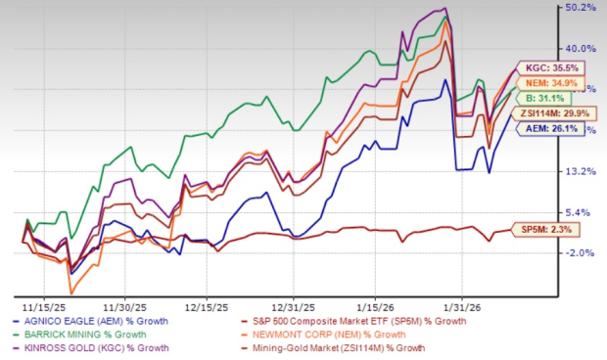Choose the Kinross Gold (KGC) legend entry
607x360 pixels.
(x=94, y=347)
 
